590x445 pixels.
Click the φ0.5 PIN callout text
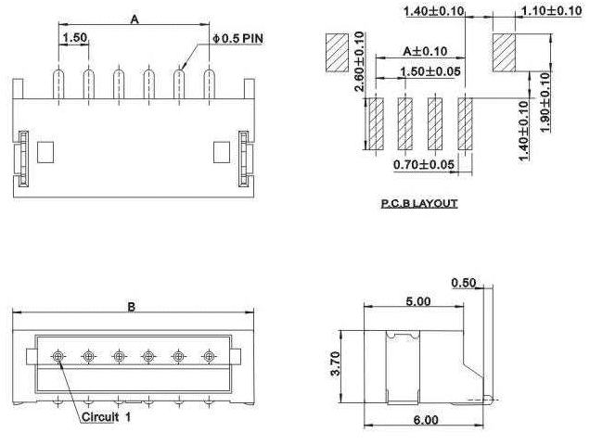pyautogui.click(x=237, y=38)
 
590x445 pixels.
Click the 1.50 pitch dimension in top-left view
pyautogui.click(x=74, y=38)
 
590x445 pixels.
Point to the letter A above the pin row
pyautogui.click(x=135, y=19)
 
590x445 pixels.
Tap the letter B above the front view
pyautogui.click(x=131, y=307)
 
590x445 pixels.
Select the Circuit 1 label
pyautogui.click(x=106, y=417)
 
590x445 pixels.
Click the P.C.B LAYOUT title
pyautogui.click(x=419, y=204)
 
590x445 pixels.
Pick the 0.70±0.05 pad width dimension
pyautogui.click(x=424, y=164)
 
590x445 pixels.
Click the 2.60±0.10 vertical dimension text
pyautogui.click(x=359, y=62)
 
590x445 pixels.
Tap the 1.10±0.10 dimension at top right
pyautogui.click(x=552, y=10)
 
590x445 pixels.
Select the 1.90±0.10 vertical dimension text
pyautogui.click(x=545, y=102)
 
